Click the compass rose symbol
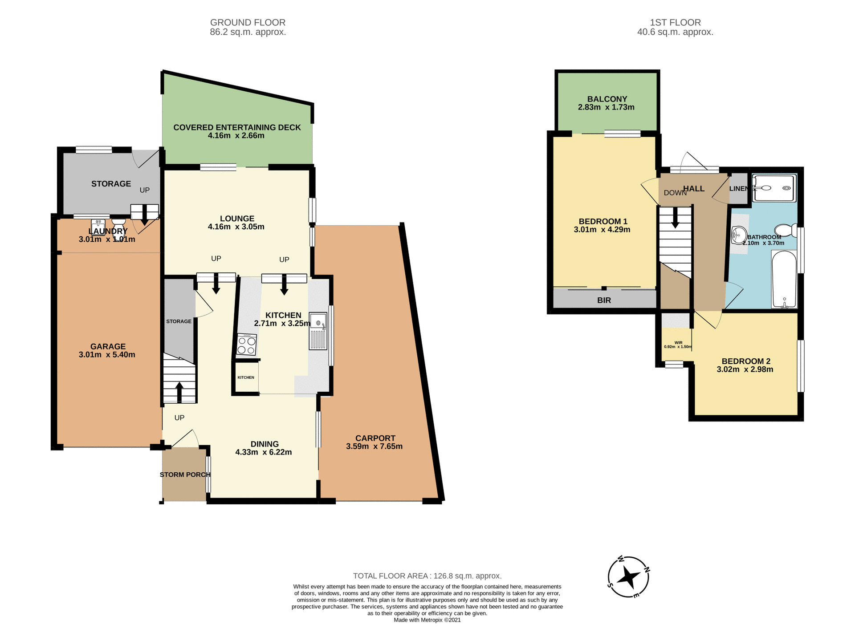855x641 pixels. [x=628, y=577]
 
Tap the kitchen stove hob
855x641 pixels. [x=247, y=345]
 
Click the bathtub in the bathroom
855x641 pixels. [x=784, y=280]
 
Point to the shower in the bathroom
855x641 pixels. [x=774, y=188]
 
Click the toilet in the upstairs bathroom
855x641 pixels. [x=786, y=230]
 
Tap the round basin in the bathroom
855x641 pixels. [x=739, y=235]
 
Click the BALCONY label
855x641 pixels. [x=607, y=99]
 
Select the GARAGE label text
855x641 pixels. [x=108, y=346]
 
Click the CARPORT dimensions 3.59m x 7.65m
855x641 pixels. [x=374, y=446]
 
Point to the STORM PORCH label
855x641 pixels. [x=185, y=475]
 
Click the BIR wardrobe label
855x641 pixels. [x=604, y=300]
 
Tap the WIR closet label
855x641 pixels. [x=678, y=343]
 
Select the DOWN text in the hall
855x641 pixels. [x=675, y=193]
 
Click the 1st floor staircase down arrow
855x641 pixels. [x=675, y=219]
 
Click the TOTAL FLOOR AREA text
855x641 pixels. [x=427, y=576]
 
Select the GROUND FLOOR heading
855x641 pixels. [x=248, y=22]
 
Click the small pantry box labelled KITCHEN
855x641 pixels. [x=246, y=377]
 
